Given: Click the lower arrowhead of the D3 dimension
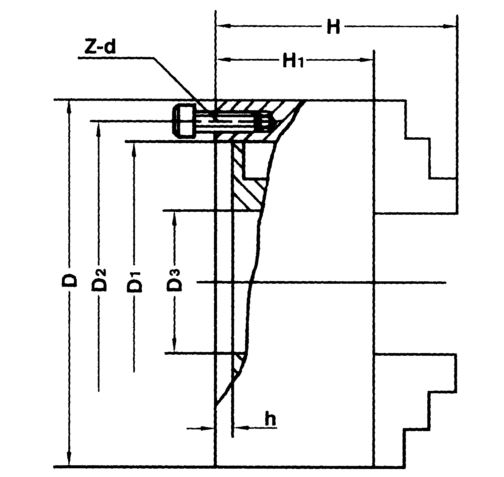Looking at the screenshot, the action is [x=174, y=346].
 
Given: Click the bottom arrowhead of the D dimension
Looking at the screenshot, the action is [x=69, y=459].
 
